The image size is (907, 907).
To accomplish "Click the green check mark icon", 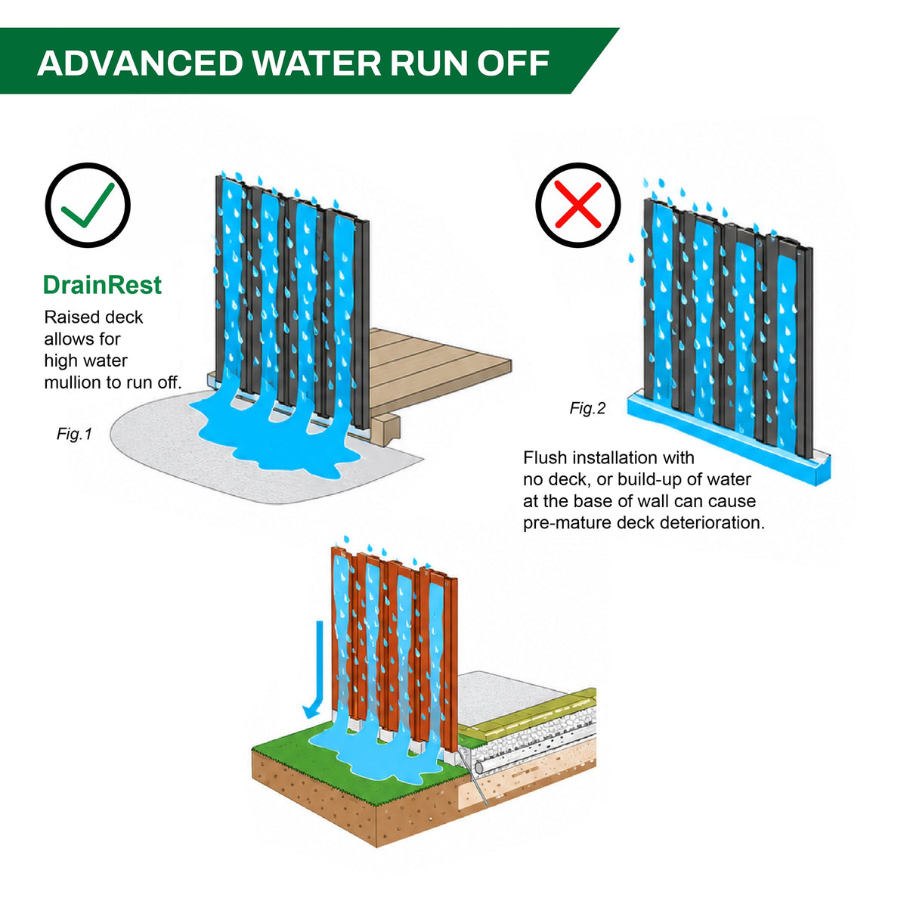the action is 88,205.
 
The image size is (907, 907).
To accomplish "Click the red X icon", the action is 577,205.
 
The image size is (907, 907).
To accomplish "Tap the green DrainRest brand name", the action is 102,285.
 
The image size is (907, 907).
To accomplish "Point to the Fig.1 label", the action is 74,434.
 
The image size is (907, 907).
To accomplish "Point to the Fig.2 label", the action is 587,407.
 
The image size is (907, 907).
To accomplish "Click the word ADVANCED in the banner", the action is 140,63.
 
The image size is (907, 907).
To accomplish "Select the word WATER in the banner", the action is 316,63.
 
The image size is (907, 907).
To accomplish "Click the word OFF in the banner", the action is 513,63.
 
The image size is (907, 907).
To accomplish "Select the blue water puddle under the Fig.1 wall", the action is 275,438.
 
